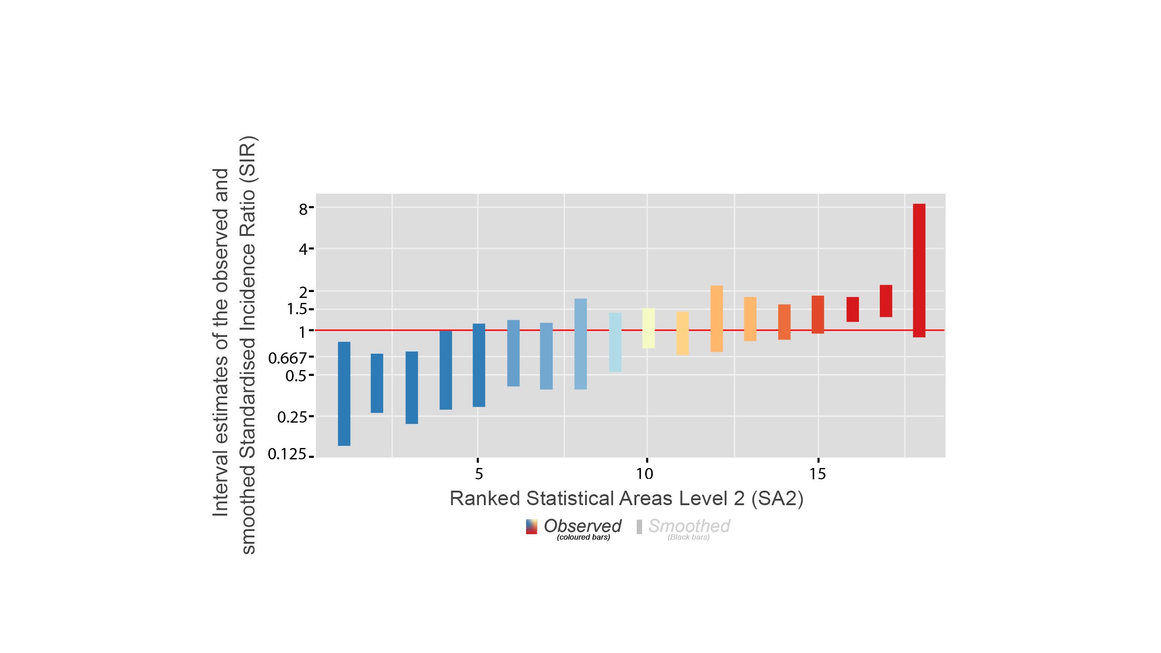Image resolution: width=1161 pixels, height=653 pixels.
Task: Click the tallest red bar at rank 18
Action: click(x=919, y=270)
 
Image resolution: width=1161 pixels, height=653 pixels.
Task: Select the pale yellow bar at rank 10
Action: click(x=649, y=328)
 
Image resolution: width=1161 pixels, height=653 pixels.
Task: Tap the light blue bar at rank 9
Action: click(x=615, y=342)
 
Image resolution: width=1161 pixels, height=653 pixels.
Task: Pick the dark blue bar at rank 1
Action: click(x=344, y=393)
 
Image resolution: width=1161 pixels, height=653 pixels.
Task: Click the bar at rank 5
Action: click(x=479, y=365)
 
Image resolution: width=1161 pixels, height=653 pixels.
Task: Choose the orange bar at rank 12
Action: click(x=717, y=318)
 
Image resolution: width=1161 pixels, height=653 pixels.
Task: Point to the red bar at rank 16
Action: click(x=853, y=309)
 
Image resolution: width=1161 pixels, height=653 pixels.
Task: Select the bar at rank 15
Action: click(x=818, y=314)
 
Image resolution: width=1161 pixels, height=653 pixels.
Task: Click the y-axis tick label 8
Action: click(x=303, y=209)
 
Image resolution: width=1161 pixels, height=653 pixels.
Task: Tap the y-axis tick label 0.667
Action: click(x=288, y=358)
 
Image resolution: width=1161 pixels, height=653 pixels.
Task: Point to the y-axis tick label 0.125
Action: click(x=287, y=454)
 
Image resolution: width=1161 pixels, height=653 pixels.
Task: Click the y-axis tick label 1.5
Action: click(x=297, y=309)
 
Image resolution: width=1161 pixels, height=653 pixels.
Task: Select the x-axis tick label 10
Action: click(x=644, y=474)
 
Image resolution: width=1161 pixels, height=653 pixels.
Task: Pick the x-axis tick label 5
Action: click(x=479, y=474)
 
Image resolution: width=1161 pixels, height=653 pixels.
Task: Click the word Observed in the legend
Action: click(x=582, y=526)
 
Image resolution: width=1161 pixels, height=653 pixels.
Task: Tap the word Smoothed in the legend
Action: click(x=689, y=526)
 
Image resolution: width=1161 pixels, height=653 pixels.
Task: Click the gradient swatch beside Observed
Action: click(x=532, y=526)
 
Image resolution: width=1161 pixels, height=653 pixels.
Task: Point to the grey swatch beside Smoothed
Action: click(x=639, y=527)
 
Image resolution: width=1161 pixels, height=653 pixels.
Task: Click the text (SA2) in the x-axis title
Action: click(x=777, y=498)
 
